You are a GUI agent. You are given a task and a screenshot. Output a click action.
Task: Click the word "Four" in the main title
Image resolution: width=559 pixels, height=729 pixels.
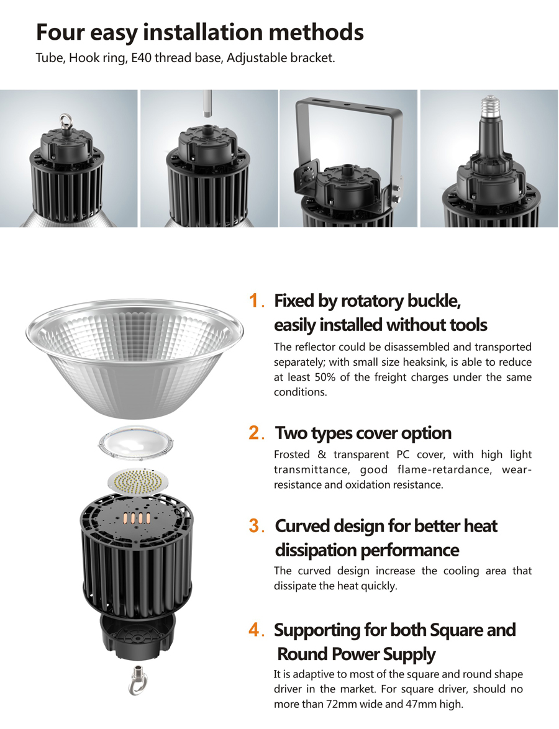tap(60, 32)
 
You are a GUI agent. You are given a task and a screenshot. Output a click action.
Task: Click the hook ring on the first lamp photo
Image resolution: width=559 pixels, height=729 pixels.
tap(65, 121)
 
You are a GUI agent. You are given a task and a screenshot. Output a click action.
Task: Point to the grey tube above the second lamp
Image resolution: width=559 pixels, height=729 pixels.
tap(207, 105)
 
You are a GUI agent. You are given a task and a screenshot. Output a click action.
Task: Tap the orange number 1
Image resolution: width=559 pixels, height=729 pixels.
tap(255, 301)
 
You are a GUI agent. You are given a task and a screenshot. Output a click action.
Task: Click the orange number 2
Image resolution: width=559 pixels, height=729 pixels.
tap(255, 433)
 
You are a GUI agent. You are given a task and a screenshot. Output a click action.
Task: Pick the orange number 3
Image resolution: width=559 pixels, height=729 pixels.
tap(255, 526)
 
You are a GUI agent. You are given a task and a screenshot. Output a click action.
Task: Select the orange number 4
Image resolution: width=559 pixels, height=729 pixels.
tap(255, 630)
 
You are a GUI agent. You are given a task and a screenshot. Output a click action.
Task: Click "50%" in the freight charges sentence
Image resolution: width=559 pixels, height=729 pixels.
tap(325, 377)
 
